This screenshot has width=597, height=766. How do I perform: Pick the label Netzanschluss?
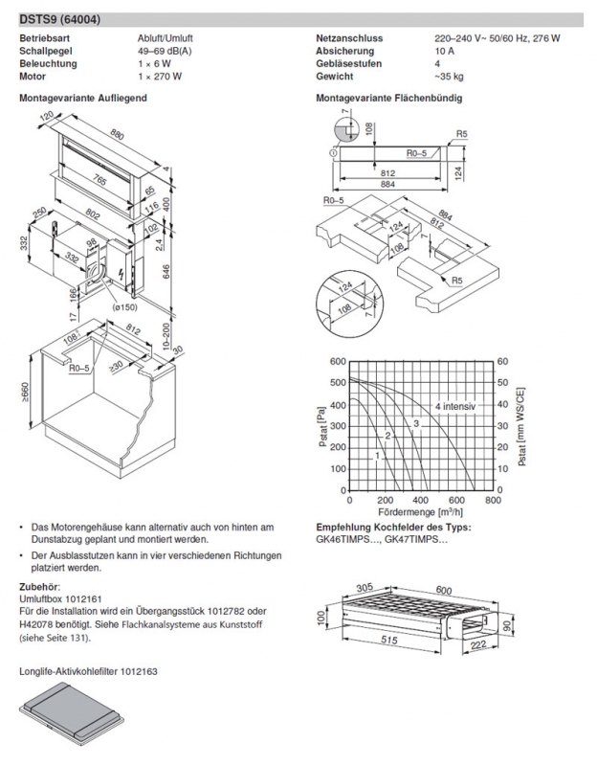point(350,38)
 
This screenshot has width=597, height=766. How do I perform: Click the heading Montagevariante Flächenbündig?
point(390,98)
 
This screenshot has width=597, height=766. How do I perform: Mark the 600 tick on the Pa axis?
point(336,362)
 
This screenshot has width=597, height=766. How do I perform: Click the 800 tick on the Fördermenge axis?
point(493,500)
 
